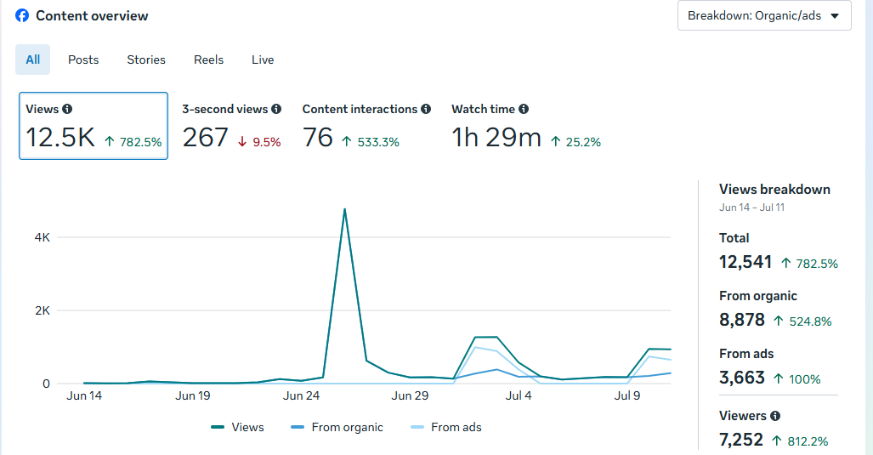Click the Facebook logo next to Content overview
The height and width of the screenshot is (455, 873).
(x=22, y=15)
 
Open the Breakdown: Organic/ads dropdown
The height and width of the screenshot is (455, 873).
(x=764, y=15)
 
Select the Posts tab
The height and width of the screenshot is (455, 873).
(x=83, y=60)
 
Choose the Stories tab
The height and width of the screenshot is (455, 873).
(x=146, y=60)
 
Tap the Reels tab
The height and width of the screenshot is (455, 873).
(x=209, y=60)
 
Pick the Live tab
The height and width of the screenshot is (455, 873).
(x=263, y=60)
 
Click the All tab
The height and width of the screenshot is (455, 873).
(x=33, y=60)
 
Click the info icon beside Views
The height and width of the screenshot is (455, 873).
(x=67, y=109)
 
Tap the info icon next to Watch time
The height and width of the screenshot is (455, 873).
(x=524, y=109)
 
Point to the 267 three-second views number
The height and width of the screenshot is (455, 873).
(x=206, y=138)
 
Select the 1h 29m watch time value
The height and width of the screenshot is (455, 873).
(x=496, y=138)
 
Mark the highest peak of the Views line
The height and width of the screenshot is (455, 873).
(x=344, y=209)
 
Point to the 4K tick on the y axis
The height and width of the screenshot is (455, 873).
(x=43, y=238)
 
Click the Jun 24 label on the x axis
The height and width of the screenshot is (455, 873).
(x=301, y=395)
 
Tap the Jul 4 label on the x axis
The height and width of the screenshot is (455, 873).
(x=519, y=395)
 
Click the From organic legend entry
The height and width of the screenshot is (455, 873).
(x=337, y=427)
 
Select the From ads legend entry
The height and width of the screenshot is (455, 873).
(x=446, y=427)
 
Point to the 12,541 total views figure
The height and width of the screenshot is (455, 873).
(x=745, y=262)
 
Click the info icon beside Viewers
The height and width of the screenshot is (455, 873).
(x=775, y=416)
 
